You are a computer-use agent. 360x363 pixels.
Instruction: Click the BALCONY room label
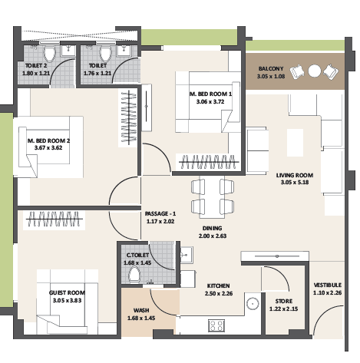click(270, 68)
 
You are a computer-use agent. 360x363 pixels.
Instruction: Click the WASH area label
click(141, 312)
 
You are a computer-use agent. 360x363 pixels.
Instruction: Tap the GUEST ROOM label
click(67, 293)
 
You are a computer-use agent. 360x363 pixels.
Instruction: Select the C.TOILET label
click(138, 255)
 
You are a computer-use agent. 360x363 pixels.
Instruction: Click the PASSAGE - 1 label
click(160, 213)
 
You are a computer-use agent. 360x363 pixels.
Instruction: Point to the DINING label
click(212, 228)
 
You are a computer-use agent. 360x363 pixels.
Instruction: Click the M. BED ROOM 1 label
click(213, 94)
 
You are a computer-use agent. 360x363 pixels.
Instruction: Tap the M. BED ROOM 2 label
click(48, 141)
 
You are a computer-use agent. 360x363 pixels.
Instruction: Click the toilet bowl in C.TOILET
click(135, 275)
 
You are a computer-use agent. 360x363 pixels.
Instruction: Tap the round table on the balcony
click(314, 71)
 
